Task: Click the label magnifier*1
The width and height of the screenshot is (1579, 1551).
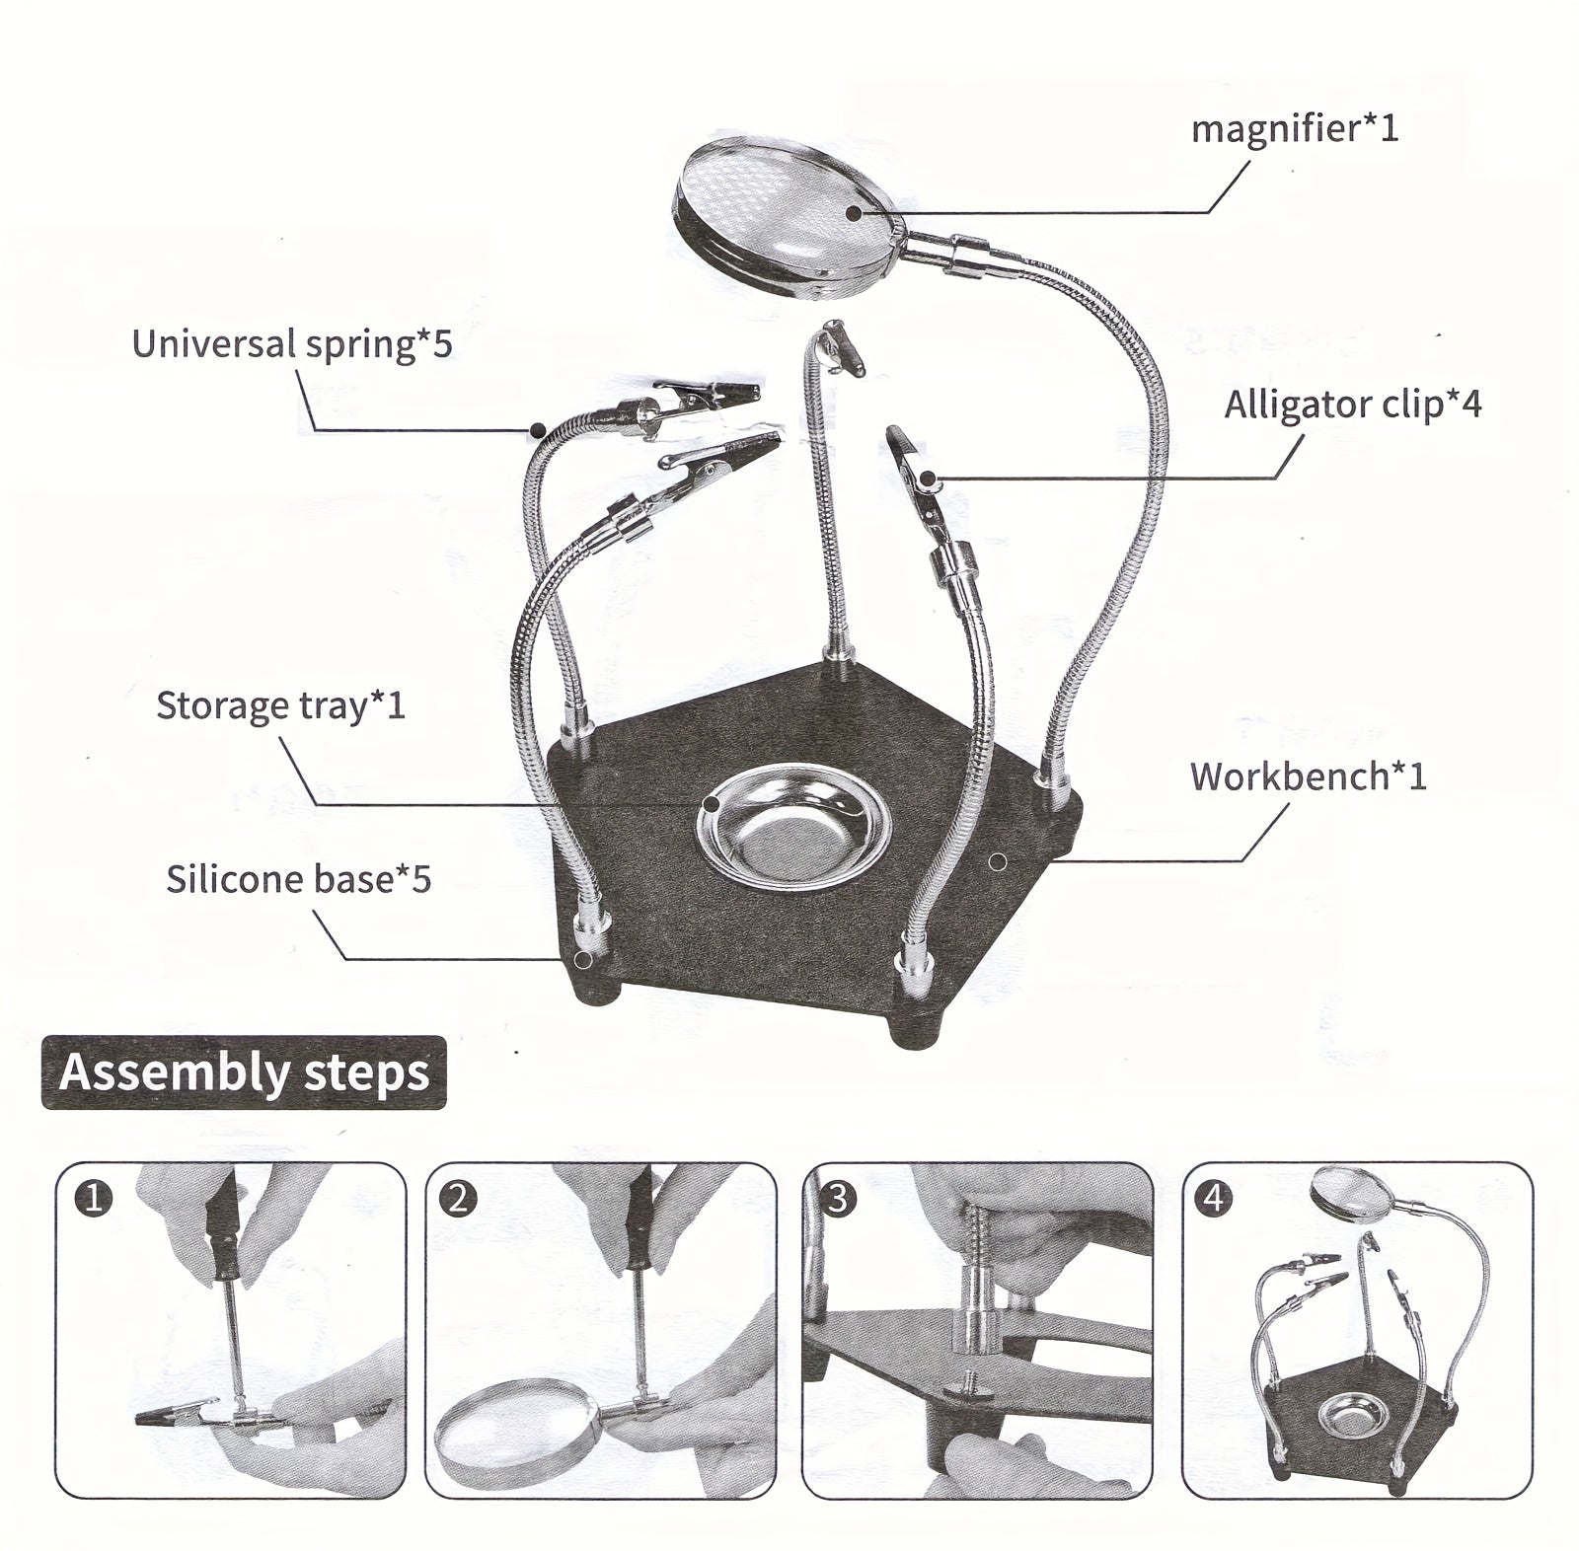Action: [x=1294, y=129]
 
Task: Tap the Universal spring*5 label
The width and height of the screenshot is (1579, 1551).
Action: [x=291, y=344]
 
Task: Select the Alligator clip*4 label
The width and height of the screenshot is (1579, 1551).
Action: [x=1352, y=405]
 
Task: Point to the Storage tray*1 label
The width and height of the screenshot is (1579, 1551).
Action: [x=280, y=705]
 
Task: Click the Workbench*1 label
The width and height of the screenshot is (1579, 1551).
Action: [x=1308, y=776]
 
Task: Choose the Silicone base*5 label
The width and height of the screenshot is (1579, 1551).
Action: [x=298, y=879]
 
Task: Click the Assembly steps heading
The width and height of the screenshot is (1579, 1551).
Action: [x=244, y=1072]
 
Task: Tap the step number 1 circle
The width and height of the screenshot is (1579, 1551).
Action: [x=94, y=1199]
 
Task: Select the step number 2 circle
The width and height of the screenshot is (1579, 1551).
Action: [x=461, y=1199]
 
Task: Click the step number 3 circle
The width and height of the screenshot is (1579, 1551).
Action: [x=838, y=1199]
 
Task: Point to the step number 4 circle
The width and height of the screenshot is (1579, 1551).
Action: [x=1213, y=1199]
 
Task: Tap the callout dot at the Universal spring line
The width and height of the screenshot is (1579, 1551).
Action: [x=538, y=429]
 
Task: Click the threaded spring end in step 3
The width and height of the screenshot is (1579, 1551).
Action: [x=978, y=1243]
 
